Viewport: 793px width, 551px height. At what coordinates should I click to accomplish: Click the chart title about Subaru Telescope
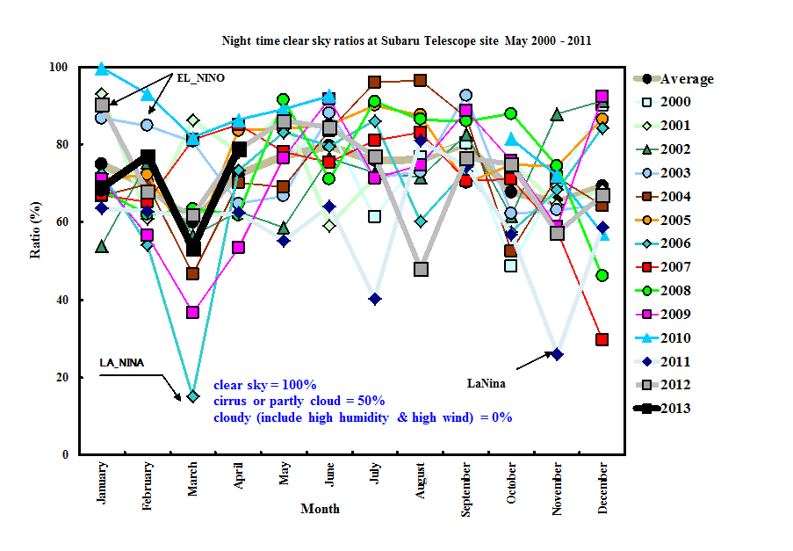point(412,41)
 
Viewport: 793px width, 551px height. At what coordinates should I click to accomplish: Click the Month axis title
point(320,509)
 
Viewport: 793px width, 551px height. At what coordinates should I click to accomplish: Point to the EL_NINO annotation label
point(201,78)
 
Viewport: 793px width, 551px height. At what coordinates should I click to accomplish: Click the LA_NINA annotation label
point(121,363)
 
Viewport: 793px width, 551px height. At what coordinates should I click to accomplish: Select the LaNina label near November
point(488,383)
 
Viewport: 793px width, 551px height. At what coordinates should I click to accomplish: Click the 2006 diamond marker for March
point(192,396)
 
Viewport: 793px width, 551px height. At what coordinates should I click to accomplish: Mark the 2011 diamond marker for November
point(557,354)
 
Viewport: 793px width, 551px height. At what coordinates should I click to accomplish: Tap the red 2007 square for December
point(602,339)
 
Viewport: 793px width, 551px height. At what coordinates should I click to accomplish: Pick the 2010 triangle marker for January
point(102,69)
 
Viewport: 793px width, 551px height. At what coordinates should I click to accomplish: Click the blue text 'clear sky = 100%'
point(264,385)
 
